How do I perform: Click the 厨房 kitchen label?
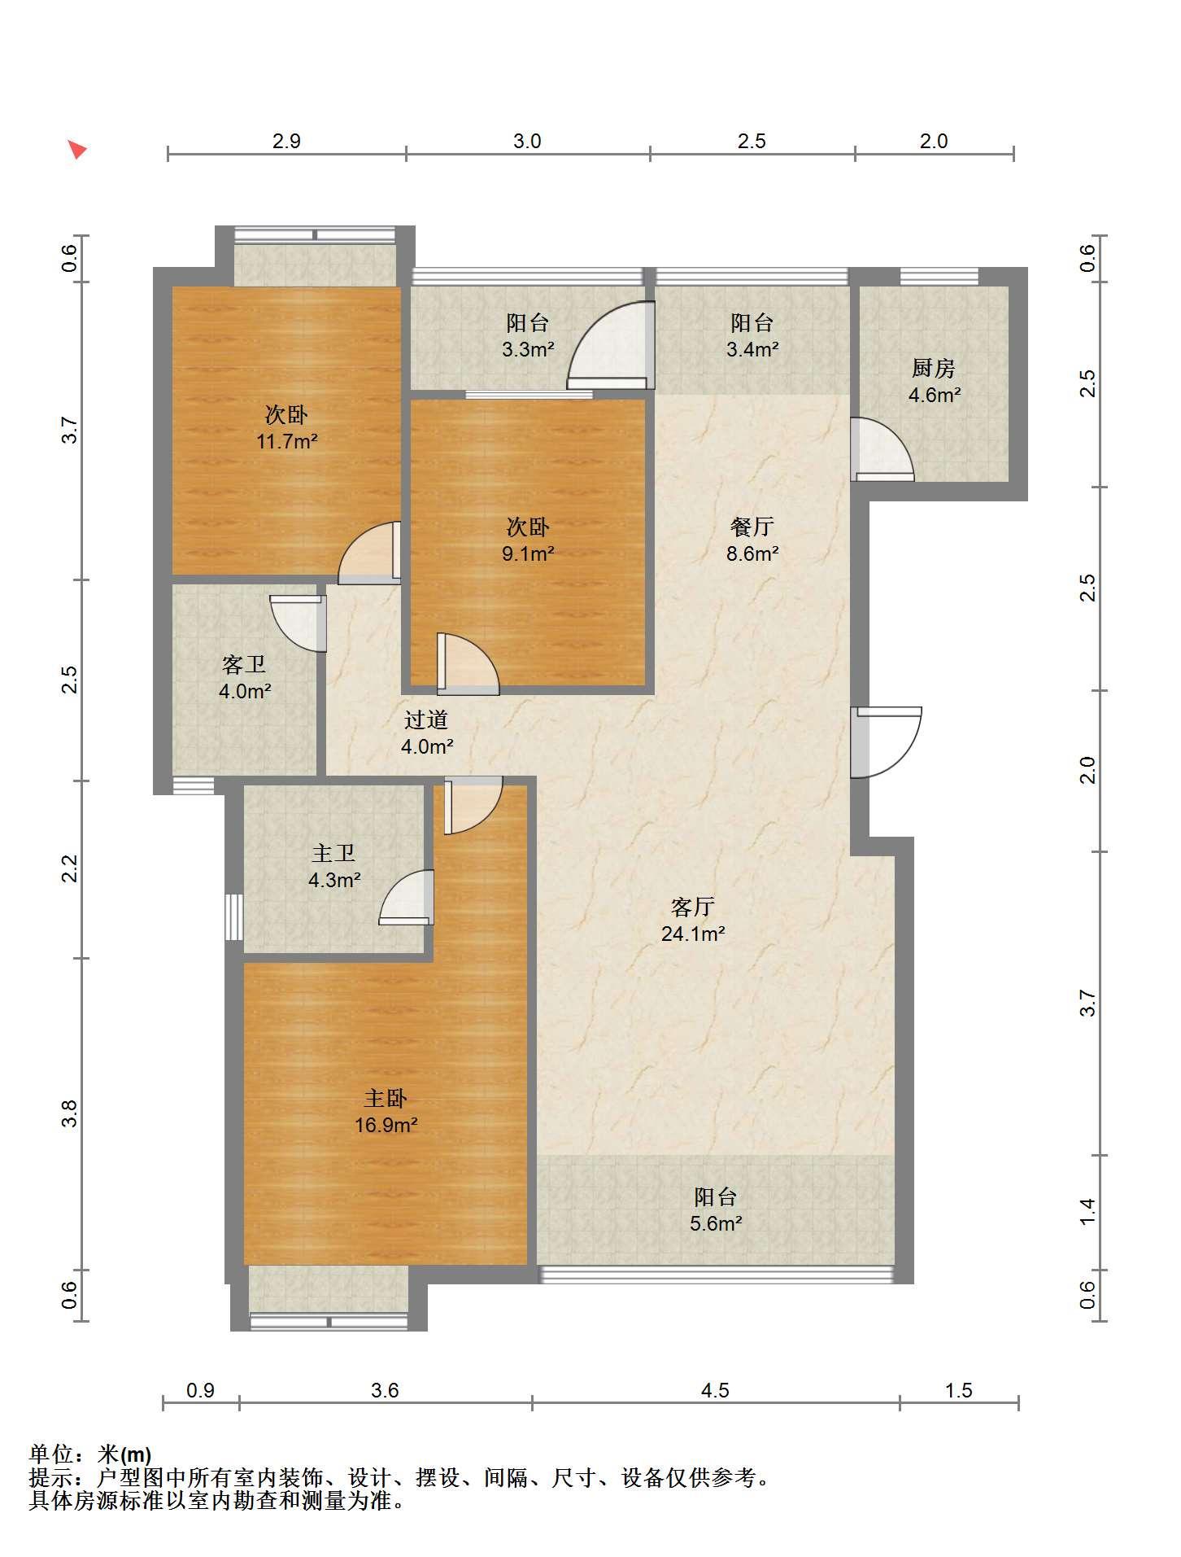(933, 369)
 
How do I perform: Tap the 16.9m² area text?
(386, 1126)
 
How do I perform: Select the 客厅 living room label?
(693, 907)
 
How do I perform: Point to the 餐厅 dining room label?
(752, 527)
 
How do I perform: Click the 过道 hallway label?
(426, 719)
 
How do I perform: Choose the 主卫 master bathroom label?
(333, 854)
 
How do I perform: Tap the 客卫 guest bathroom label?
(244, 665)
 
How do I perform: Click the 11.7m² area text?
(287, 442)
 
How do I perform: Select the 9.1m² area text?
(528, 554)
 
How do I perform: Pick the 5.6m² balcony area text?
(716, 1223)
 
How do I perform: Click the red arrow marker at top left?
(76, 149)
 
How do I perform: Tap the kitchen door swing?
(882, 448)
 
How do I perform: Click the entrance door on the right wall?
(886, 741)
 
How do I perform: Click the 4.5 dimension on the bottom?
(715, 1390)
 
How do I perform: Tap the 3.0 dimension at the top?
(527, 142)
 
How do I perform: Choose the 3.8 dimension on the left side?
(70, 1113)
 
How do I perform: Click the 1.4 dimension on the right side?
(1087, 1211)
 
